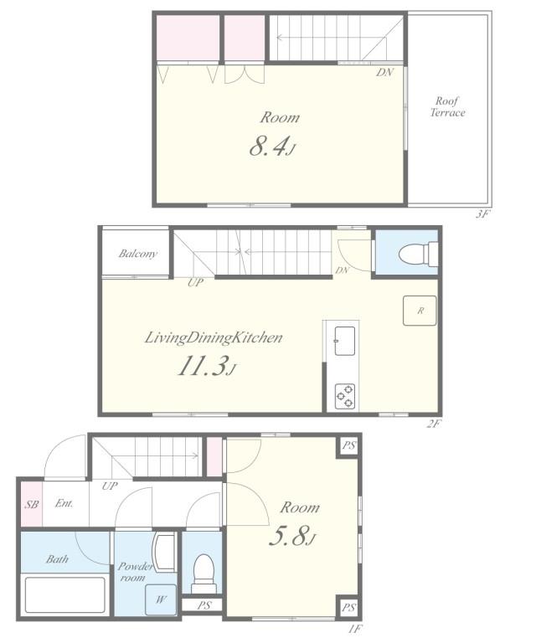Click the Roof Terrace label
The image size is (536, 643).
tap(447, 106)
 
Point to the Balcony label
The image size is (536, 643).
tap(138, 254)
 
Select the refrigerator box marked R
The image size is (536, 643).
tap(420, 311)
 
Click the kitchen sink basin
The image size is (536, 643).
tap(344, 341)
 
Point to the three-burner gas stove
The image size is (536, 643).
tap(345, 396)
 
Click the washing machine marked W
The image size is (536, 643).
tap(161, 600)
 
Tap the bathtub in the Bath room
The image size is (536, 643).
tap(64, 595)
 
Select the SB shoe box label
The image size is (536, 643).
tap(32, 504)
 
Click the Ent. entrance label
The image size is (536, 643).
tap(64, 502)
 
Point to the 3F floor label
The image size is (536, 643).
tap(483, 213)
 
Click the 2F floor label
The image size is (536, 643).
tap(434, 424)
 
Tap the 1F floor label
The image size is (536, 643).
tap(355, 628)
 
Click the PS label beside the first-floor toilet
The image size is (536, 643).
tap(204, 604)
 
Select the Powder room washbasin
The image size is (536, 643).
tap(164, 552)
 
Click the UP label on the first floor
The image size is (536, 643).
tap(110, 486)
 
